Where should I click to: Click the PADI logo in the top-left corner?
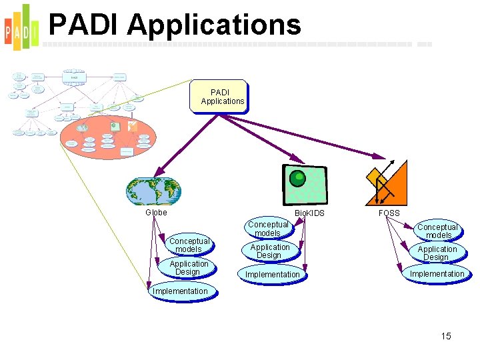click(21, 27)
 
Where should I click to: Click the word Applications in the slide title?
click(214, 25)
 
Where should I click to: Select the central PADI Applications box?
click(219, 97)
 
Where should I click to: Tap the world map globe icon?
click(154, 191)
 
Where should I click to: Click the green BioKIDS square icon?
click(305, 185)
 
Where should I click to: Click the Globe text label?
click(156, 213)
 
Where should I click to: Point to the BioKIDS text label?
click(309, 213)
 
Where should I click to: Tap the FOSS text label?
click(389, 213)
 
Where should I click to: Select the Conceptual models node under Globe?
click(189, 245)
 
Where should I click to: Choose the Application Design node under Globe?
click(188, 268)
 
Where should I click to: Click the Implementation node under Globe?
click(181, 291)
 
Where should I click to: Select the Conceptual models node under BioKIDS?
click(268, 229)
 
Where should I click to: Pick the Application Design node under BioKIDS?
click(269, 251)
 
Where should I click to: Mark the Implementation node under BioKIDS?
click(273, 274)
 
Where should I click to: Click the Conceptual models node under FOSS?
click(437, 231)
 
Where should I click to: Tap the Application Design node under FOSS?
click(437, 253)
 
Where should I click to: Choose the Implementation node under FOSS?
click(437, 274)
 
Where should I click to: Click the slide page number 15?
click(446, 336)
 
